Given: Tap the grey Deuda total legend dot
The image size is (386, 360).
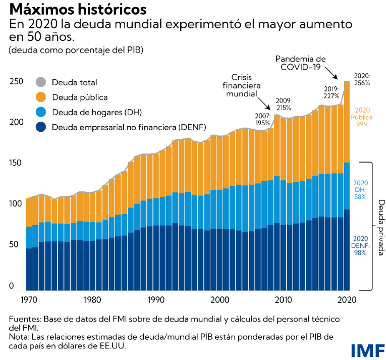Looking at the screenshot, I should (x=41, y=82).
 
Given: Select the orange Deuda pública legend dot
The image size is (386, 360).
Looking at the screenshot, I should (x=41, y=97).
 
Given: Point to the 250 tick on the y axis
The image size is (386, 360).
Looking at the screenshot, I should (x=16, y=81).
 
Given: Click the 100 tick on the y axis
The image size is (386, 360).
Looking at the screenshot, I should (x=16, y=204).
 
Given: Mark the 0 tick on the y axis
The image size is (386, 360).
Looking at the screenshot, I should (x=11, y=286).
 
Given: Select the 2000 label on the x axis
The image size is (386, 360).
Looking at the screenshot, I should (x=220, y=299).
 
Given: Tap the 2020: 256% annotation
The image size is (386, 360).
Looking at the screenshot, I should (x=362, y=78).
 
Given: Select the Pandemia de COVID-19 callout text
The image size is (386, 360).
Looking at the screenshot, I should (x=302, y=63).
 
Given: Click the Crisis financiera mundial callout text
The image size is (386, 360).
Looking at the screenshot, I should (x=242, y=85).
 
